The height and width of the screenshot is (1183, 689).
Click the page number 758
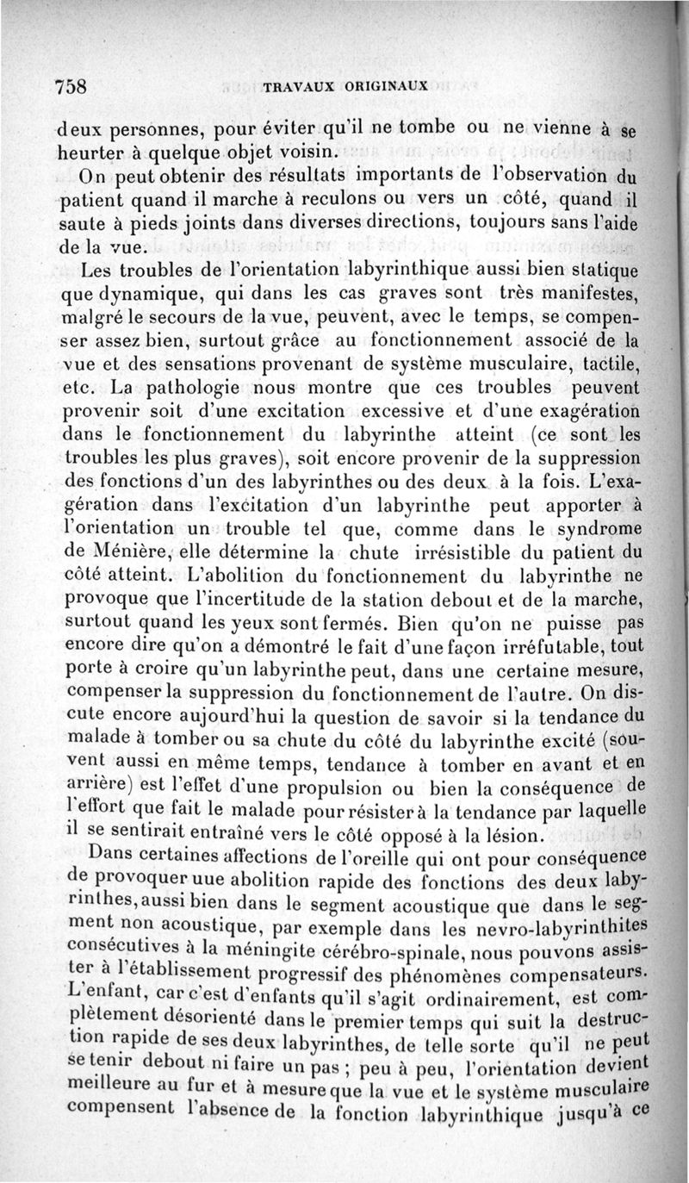pos(73,86)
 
